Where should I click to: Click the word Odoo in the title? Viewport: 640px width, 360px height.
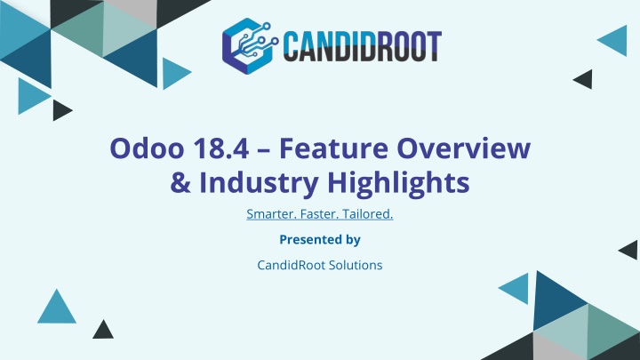(x=147, y=148)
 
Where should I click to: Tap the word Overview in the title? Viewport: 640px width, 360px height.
(x=464, y=148)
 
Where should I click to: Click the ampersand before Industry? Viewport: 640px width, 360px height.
(x=180, y=182)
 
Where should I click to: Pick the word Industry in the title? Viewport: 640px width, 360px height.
(x=259, y=184)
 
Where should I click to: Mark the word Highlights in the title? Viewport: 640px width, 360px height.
(x=398, y=184)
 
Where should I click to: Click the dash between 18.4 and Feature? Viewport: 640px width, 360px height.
(x=264, y=149)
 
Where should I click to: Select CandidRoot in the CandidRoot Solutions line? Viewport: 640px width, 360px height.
(x=291, y=265)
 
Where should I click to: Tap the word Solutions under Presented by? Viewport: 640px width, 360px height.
(x=356, y=265)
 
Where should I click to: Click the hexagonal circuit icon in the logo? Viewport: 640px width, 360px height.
(x=249, y=46)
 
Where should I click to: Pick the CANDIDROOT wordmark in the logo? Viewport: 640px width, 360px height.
(x=363, y=46)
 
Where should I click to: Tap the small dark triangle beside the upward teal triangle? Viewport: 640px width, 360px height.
(x=103, y=331)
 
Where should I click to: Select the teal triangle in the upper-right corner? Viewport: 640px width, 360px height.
(x=615, y=40)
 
